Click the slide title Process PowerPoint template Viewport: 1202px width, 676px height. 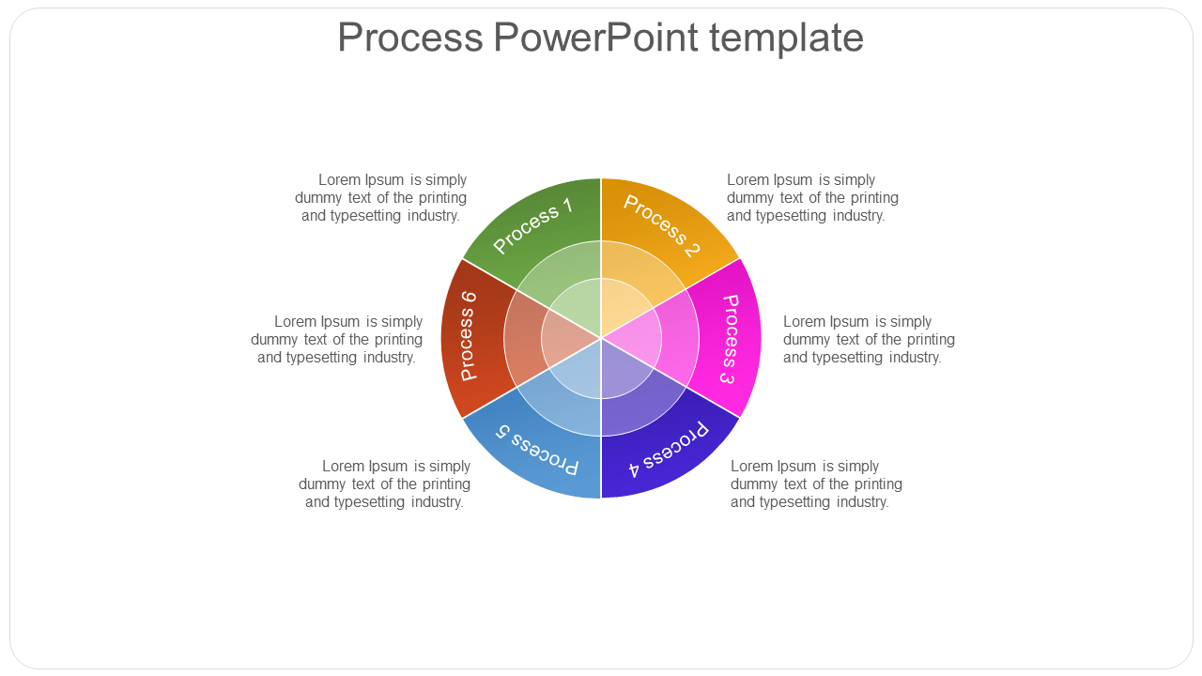[600, 38]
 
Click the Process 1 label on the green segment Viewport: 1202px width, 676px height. [532, 225]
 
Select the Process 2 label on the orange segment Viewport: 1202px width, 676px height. [662, 225]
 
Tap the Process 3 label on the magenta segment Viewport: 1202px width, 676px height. [729, 339]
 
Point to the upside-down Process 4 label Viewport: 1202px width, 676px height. [668, 450]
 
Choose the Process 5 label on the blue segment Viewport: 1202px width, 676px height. [537, 450]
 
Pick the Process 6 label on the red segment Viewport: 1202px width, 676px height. [468, 336]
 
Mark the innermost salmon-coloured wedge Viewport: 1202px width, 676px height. [564, 338]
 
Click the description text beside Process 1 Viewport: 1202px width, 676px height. [381, 197]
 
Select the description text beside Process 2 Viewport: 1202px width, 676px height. [812, 197]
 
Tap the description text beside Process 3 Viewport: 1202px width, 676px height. [869, 339]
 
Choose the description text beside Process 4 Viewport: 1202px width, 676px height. [816, 484]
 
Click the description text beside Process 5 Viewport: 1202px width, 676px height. [385, 484]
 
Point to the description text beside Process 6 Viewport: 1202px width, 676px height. [337, 339]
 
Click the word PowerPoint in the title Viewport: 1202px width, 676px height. [595, 38]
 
